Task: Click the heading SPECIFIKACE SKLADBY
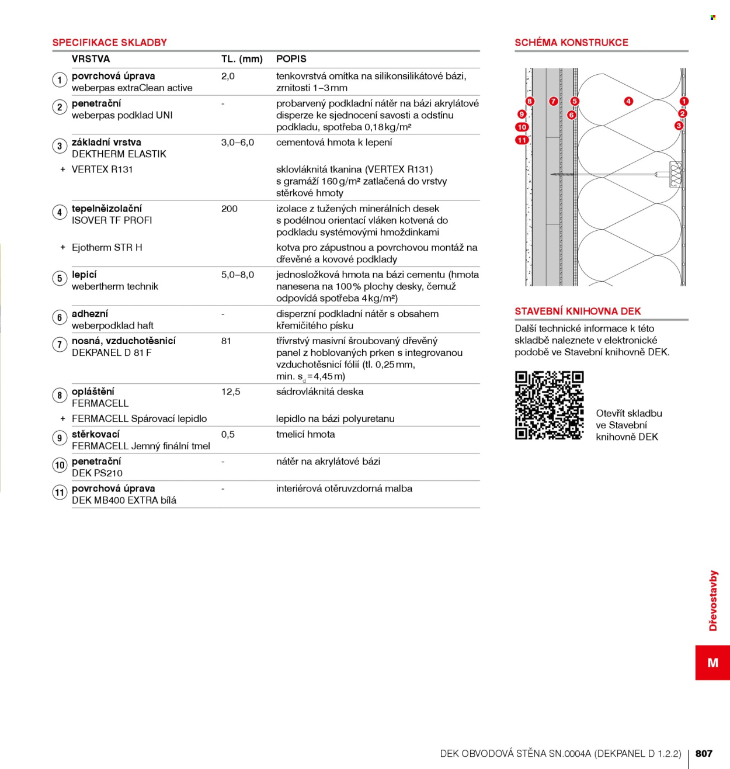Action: point(109,42)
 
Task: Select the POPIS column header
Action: point(291,59)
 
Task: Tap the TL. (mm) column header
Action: point(242,59)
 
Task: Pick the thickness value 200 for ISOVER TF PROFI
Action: point(229,209)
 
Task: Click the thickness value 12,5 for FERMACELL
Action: point(231,392)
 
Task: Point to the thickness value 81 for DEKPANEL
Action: point(226,341)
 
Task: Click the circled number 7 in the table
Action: point(60,345)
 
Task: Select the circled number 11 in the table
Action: point(60,492)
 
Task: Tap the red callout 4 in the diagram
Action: point(628,101)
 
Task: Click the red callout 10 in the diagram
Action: point(522,127)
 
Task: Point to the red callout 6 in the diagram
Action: point(571,115)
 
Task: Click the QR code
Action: point(549,405)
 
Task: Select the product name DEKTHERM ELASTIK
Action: point(119,154)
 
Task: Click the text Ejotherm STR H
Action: point(107,248)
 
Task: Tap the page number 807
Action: point(704,753)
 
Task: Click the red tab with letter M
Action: point(712,663)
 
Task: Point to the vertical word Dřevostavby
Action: point(713,600)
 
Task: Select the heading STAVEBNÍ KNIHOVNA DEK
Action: point(578,311)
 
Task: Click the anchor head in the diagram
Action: point(675,174)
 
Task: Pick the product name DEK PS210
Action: point(97,473)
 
